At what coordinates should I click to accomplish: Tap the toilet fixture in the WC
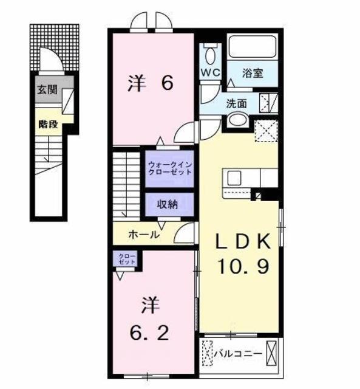210,55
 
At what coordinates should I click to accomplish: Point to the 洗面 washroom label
237,103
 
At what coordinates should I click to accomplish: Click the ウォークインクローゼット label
170,168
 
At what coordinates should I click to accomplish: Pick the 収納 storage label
169,204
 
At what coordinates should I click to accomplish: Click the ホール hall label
144,234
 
